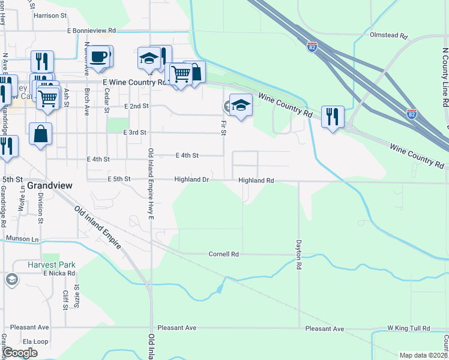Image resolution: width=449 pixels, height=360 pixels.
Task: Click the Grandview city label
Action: [50, 186]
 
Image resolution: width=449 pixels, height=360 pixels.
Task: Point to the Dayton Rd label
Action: [297, 255]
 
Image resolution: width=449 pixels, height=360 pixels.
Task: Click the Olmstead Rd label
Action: [390, 36]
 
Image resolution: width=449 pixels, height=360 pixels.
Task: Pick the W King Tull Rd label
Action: [409, 329]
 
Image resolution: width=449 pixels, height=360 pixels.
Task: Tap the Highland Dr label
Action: [191, 179]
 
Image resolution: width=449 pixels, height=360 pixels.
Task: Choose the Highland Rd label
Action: [256, 180]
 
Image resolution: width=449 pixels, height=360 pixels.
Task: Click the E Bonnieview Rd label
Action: [83, 29]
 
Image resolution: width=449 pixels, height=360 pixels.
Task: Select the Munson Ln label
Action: [22, 239]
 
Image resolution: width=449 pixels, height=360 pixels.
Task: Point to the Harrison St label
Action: [51, 16]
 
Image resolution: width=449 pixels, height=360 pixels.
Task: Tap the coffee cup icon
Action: [98, 58]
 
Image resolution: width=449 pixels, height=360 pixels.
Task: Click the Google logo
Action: [20, 352]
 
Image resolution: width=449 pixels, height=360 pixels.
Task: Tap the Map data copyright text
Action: [423, 355]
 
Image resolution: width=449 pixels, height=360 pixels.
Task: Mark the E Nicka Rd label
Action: [59, 273]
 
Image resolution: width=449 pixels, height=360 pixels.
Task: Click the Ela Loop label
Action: [20, 341]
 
